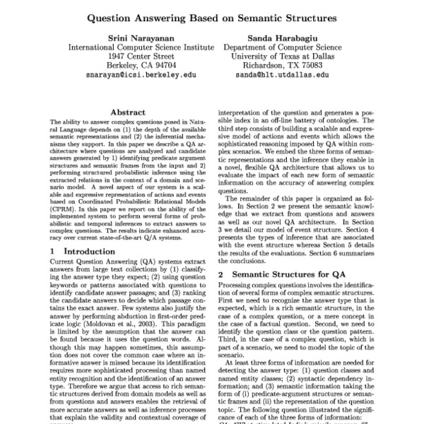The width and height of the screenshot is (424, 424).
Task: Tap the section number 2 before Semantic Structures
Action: (x=221, y=273)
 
